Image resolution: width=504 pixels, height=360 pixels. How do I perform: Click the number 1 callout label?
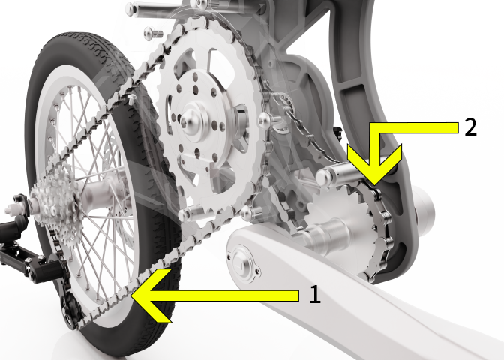[x=315, y=294]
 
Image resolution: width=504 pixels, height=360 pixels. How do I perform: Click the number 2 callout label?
[x=470, y=127]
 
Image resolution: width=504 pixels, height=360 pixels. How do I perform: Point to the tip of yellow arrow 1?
[x=132, y=295]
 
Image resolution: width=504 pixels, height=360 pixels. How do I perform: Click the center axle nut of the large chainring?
[x=186, y=121]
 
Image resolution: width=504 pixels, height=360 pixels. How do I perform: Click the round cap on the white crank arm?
[x=243, y=262]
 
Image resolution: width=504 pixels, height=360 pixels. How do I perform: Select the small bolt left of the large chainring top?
[x=152, y=33]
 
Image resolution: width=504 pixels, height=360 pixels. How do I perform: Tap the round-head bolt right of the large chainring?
[x=265, y=120]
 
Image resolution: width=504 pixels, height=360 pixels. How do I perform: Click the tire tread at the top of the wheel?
[x=83, y=43]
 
